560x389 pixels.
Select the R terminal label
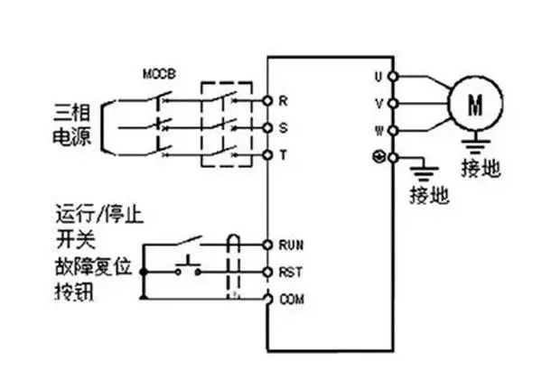point(283,99)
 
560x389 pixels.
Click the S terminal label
point(283,127)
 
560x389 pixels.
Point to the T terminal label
point(283,155)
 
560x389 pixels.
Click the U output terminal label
point(379,77)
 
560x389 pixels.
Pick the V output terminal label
point(379,103)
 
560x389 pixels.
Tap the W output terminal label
point(379,130)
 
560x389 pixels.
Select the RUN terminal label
point(290,244)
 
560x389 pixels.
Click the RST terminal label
point(290,271)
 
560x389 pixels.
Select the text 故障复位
point(90,267)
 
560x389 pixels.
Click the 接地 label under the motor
point(480,170)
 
